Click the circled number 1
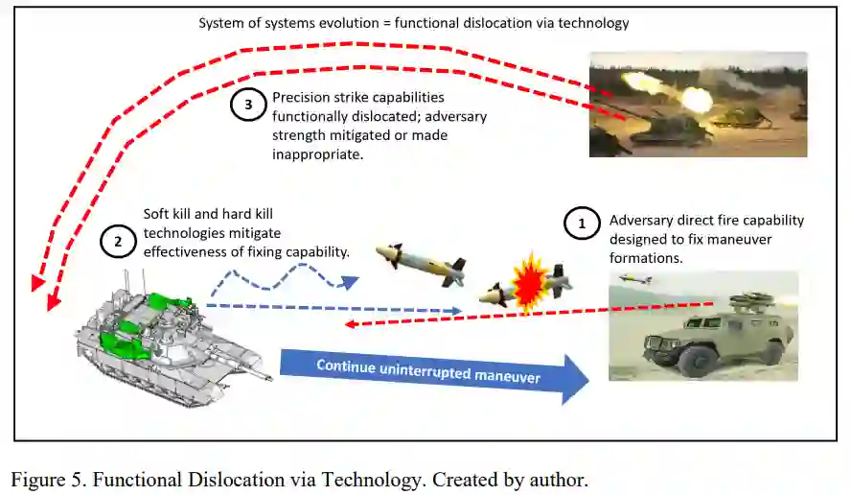(x=580, y=224)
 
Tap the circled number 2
(x=118, y=242)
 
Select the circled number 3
(x=248, y=106)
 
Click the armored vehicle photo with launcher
(x=703, y=325)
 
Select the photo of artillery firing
(x=698, y=104)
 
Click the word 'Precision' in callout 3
(x=300, y=98)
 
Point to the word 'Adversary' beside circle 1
(x=641, y=220)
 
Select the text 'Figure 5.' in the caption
(x=48, y=478)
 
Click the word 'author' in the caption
(x=561, y=478)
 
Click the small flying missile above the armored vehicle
(x=635, y=279)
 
